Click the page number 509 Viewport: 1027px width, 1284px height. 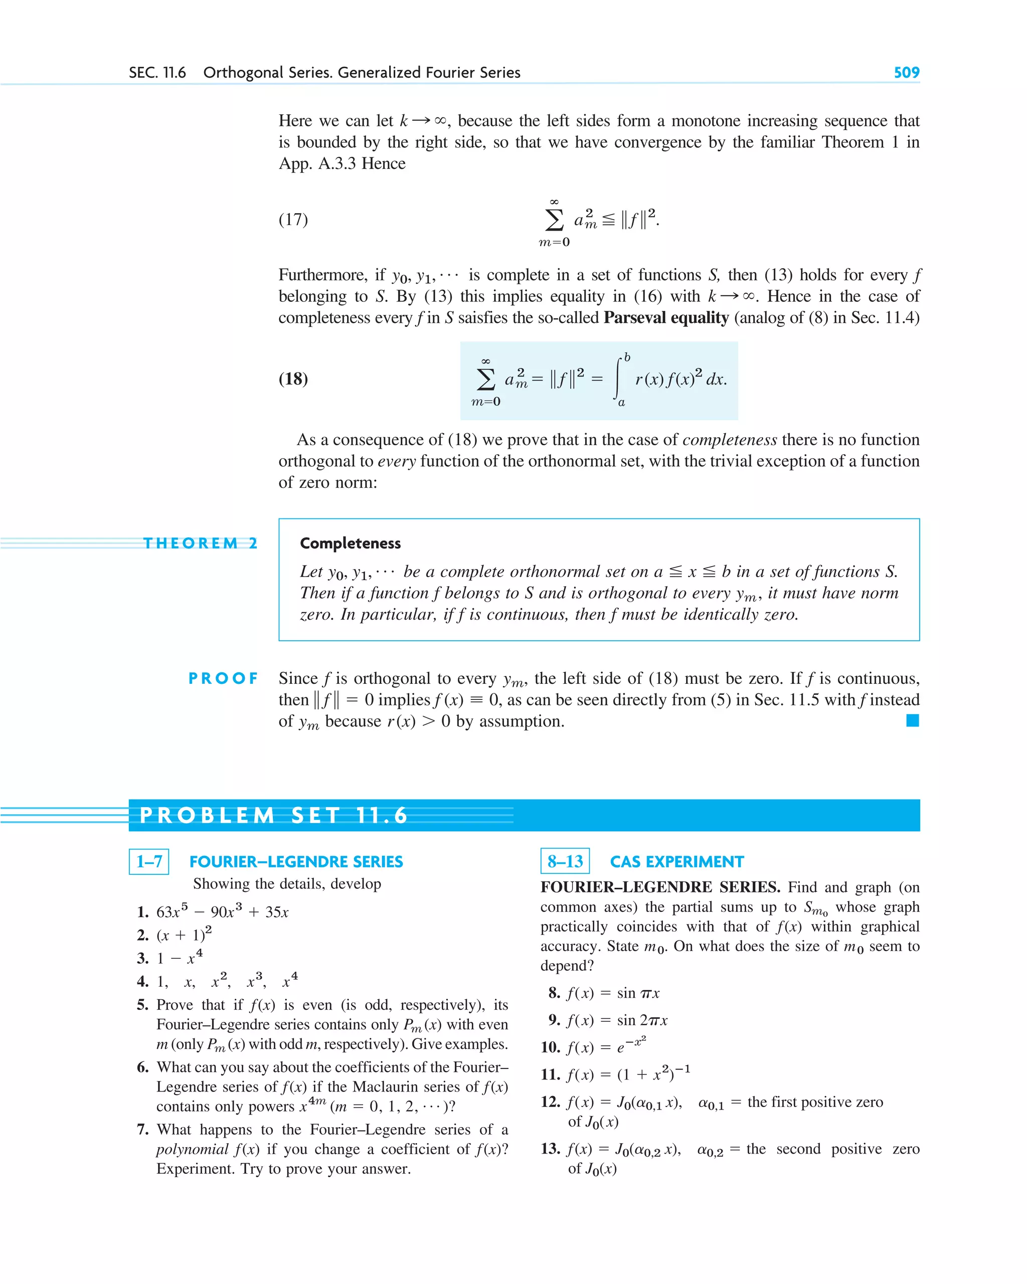pyautogui.click(x=906, y=73)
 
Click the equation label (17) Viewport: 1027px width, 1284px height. pyautogui.click(x=293, y=220)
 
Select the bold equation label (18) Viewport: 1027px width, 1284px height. pyautogui.click(x=293, y=379)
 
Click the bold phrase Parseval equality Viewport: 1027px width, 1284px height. pyautogui.click(x=666, y=317)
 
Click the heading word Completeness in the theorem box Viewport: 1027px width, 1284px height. pyautogui.click(x=351, y=543)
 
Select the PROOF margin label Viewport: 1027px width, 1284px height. pyautogui.click(x=223, y=678)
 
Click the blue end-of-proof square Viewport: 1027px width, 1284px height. pyautogui.click(x=912, y=720)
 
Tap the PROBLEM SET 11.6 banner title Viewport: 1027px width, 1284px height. pyautogui.click(x=274, y=815)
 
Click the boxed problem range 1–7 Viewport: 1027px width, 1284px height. pyautogui.click(x=149, y=861)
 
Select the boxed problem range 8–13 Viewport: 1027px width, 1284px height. pyautogui.click(x=565, y=861)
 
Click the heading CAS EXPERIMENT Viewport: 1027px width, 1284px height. pyautogui.click(x=676, y=862)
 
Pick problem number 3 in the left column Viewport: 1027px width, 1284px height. pyautogui.click(x=143, y=958)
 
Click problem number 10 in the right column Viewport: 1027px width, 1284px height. pyautogui.click(x=551, y=1047)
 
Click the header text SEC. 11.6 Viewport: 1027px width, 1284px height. pyautogui.click(x=157, y=73)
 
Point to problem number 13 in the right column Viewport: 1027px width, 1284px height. pyautogui.click(x=551, y=1149)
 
